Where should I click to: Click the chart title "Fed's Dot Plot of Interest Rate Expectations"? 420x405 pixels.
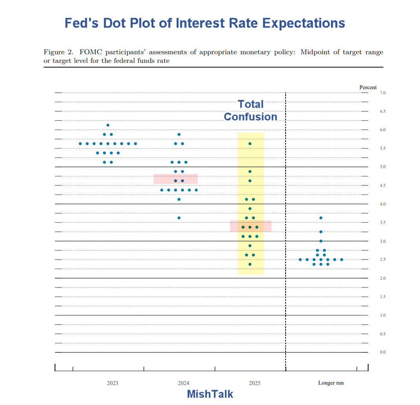205,23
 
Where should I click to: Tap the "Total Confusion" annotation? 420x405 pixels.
251,110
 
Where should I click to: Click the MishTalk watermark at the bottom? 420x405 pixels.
210,394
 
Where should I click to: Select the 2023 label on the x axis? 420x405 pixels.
112,383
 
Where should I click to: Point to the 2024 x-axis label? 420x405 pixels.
183,383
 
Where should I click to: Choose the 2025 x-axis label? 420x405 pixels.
254,383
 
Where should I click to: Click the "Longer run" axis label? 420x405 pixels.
331,383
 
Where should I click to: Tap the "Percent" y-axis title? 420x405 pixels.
368,87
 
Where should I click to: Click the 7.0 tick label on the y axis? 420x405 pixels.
383,93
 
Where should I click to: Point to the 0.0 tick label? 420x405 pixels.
383,352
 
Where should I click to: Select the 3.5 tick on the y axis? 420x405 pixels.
383,223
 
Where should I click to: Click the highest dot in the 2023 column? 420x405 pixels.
108,125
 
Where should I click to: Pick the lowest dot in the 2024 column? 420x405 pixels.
179,218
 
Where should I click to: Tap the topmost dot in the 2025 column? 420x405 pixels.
250,144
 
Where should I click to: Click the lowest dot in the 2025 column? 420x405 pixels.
250,264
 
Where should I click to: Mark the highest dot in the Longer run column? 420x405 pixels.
321,218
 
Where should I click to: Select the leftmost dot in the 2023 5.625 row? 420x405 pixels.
80,144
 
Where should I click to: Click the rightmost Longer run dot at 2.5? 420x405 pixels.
341,260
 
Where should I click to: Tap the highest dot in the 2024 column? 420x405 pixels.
179,134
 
